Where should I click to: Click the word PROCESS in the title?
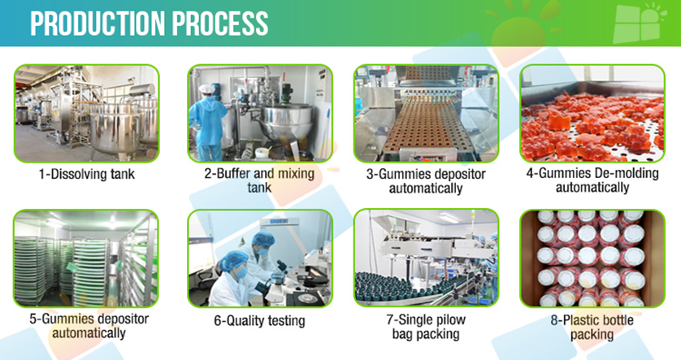[x=220, y=23]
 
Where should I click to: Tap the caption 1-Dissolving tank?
[x=87, y=174]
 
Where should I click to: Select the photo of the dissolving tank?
[x=87, y=113]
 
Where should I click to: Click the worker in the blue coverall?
[x=209, y=123]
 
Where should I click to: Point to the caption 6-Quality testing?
[x=259, y=320]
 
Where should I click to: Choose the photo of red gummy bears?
[x=592, y=113]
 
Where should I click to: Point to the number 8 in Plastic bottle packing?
[x=554, y=320]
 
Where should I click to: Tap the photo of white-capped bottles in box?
[x=592, y=258]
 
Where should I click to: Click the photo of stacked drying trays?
[x=86, y=258]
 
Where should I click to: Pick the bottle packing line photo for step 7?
[x=426, y=258]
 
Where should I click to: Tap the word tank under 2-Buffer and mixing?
[x=259, y=188]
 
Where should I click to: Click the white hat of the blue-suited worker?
[x=206, y=89]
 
